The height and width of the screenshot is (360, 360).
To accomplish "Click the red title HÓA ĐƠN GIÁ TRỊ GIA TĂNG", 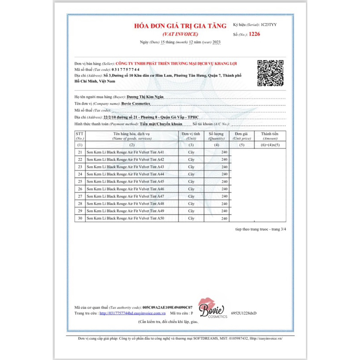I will click(179, 27).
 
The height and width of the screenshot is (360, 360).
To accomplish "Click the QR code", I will click(270, 72).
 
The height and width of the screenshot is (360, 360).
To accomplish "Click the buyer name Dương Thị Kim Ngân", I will click(146, 97).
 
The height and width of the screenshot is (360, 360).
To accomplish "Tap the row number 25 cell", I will click(80, 181).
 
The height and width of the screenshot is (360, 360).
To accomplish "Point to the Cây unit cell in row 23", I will click(191, 167).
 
